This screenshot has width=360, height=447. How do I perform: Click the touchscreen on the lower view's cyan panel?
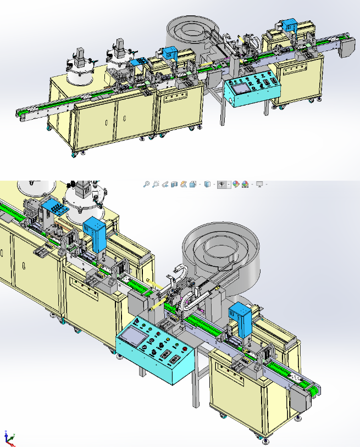pos(134,334)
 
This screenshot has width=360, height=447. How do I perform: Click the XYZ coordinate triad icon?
pos(9,437)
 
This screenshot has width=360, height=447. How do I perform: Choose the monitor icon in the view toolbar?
pos(259,185)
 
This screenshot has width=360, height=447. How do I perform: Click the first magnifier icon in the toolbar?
pos(146,185)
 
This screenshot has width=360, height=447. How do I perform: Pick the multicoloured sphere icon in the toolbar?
pos(235,185)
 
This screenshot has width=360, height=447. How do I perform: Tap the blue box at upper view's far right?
pos(290,25)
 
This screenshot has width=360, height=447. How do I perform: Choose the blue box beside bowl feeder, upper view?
pos(169,53)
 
